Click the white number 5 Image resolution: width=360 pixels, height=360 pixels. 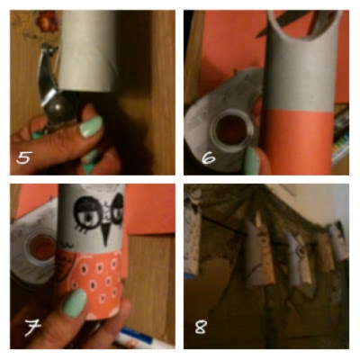point(24,157)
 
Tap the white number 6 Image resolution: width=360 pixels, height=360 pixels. point(209,157)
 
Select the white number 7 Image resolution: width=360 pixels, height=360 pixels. point(32,328)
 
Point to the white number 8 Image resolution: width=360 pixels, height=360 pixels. point(201,327)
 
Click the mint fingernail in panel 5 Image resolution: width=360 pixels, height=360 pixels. point(91,127)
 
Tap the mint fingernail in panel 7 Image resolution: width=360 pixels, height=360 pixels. point(75,303)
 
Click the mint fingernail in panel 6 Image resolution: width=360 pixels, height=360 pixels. point(251,161)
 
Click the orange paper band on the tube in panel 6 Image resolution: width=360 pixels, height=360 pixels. point(298,141)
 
